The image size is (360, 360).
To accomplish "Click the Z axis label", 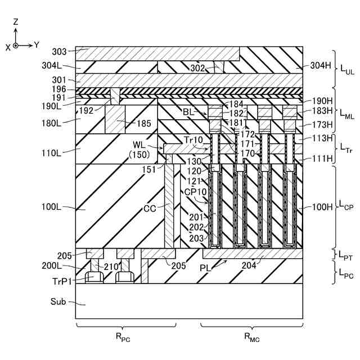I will tap(16, 22).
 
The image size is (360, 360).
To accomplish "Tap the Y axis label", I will tap(36, 44).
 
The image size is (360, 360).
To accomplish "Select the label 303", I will tap(59, 52).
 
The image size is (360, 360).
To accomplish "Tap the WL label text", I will tap(139, 146).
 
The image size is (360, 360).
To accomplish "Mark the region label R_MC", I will tap(251, 337).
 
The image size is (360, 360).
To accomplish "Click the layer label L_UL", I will tap(346, 72).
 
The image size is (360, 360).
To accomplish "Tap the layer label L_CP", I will tap(346, 207).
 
